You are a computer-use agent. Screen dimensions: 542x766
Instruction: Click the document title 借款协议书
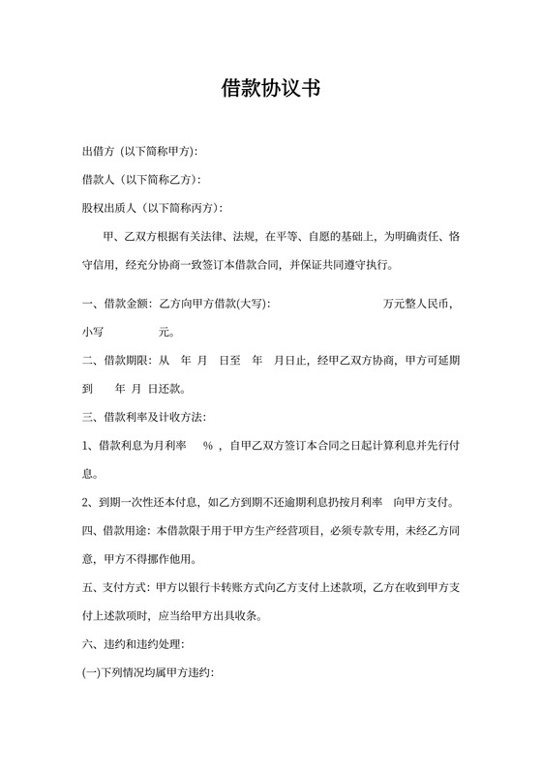(x=270, y=90)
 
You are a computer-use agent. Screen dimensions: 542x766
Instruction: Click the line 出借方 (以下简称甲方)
(x=139, y=153)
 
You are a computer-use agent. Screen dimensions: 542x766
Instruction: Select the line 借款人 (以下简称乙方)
(x=140, y=180)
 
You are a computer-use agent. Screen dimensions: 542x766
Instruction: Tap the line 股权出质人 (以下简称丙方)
(x=151, y=208)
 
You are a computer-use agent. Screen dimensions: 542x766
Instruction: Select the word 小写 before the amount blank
(x=93, y=332)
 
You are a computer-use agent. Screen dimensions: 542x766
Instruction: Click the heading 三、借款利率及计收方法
(x=144, y=417)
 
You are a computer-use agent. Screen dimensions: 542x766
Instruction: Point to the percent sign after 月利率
(x=207, y=446)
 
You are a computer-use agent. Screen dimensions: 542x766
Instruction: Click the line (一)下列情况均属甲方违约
(x=147, y=672)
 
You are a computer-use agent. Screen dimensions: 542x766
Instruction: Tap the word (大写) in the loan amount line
(x=251, y=304)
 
